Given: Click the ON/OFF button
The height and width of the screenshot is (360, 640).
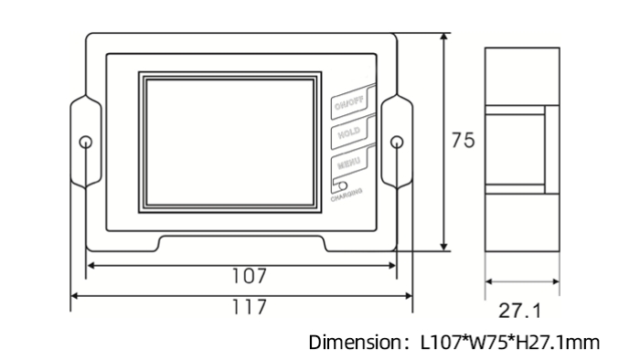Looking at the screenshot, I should [351, 105].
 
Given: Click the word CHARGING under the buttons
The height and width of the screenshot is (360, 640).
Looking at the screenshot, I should [347, 194].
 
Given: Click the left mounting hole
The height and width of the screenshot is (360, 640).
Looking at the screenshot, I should [85, 143].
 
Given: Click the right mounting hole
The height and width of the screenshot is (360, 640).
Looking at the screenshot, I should [397, 143].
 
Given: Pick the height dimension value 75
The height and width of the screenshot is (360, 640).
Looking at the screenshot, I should [464, 142].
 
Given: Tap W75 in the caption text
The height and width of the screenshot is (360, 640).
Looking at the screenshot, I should [490, 344].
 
